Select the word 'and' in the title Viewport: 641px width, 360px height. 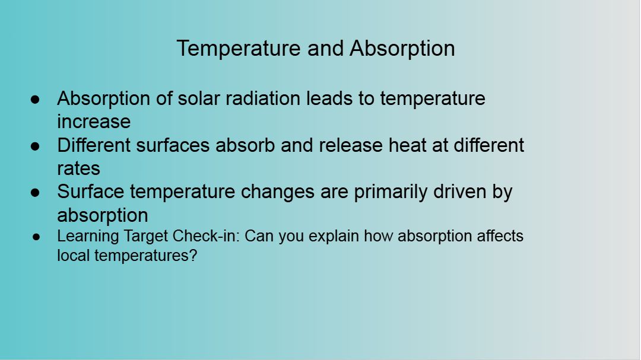click(x=325, y=48)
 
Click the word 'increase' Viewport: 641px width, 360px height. click(x=94, y=122)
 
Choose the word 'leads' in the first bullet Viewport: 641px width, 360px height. click(x=329, y=98)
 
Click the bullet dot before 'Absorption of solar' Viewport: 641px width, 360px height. click(x=35, y=99)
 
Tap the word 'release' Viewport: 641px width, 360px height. click(x=350, y=145)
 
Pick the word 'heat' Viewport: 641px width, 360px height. click(x=407, y=145)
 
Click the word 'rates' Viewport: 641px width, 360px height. click(x=78, y=168)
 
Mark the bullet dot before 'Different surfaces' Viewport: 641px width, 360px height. click(x=35, y=146)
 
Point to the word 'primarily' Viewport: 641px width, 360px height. click(x=391, y=192)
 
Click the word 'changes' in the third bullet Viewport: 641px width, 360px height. click(x=278, y=192)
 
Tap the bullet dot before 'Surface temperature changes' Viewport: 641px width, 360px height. click(x=35, y=193)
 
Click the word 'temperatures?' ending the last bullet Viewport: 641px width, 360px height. click(x=146, y=256)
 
